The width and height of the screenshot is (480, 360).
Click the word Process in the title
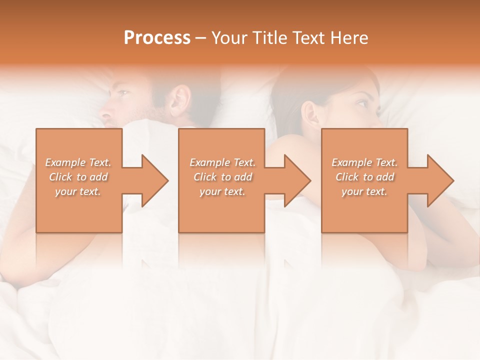point(157,38)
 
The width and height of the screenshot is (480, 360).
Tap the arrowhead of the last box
point(441,180)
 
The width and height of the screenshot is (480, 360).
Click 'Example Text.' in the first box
point(78,162)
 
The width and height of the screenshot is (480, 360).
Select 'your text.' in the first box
point(78,191)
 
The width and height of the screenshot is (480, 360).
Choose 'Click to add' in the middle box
point(222,177)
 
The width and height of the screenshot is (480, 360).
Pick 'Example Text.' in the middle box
point(222,162)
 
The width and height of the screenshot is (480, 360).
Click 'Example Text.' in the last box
point(364,162)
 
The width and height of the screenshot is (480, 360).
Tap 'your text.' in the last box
point(364,191)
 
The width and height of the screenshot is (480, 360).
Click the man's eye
point(123,94)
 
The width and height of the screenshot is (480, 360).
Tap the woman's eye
point(361,103)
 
